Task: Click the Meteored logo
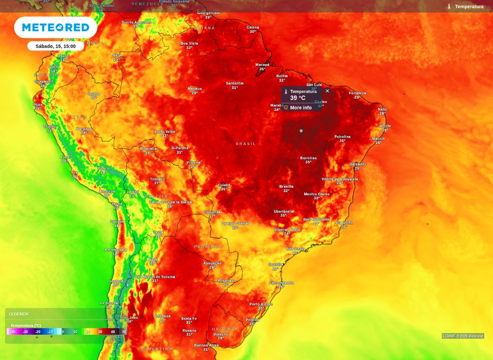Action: tap(55, 28)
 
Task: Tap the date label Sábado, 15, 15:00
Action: tap(55, 46)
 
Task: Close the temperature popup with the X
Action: tap(327, 91)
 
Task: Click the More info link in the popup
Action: tap(300, 108)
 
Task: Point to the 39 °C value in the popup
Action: tap(298, 98)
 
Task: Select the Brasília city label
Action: tap(286, 187)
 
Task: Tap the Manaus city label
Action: tap(194, 88)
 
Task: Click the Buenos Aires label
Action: tap(206, 345)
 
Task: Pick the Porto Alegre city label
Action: tap(261, 304)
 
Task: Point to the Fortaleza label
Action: tap(357, 93)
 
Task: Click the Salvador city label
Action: tap(357, 164)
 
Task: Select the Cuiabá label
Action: tap(224, 185)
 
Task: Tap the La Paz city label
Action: tap(132, 192)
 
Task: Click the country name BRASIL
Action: tap(245, 144)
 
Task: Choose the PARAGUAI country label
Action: tap(208, 247)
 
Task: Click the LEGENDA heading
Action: tap(19, 314)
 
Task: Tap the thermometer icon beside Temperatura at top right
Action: tap(449, 7)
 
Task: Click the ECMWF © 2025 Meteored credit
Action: tap(463, 336)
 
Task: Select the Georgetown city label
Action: tap(208, 13)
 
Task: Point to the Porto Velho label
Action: tap(165, 131)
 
